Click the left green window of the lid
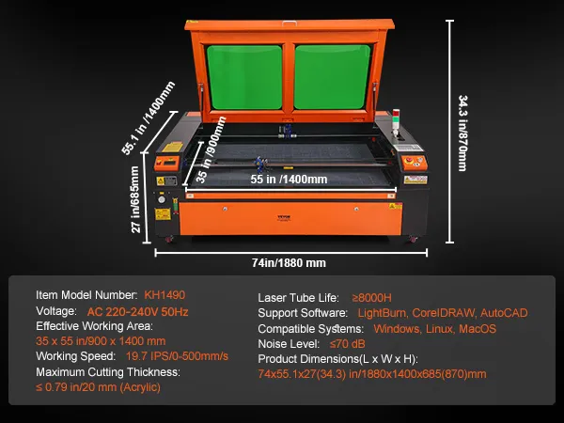(245, 77)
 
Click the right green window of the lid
(333, 77)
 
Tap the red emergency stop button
(410, 161)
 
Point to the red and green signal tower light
(396, 121)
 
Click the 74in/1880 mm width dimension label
(289, 263)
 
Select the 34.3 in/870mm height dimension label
(462, 133)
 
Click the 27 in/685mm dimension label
(134, 199)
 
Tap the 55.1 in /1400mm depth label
(149, 118)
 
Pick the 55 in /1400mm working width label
(289, 180)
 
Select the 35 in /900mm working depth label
(211, 149)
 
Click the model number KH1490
(164, 295)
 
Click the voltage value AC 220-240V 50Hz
(138, 311)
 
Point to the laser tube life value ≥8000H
(372, 298)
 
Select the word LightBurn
(383, 313)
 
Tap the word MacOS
(478, 329)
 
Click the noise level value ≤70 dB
(348, 344)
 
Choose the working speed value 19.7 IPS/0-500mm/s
(177, 356)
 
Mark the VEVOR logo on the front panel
(284, 217)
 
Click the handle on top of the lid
(290, 23)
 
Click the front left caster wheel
(168, 239)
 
